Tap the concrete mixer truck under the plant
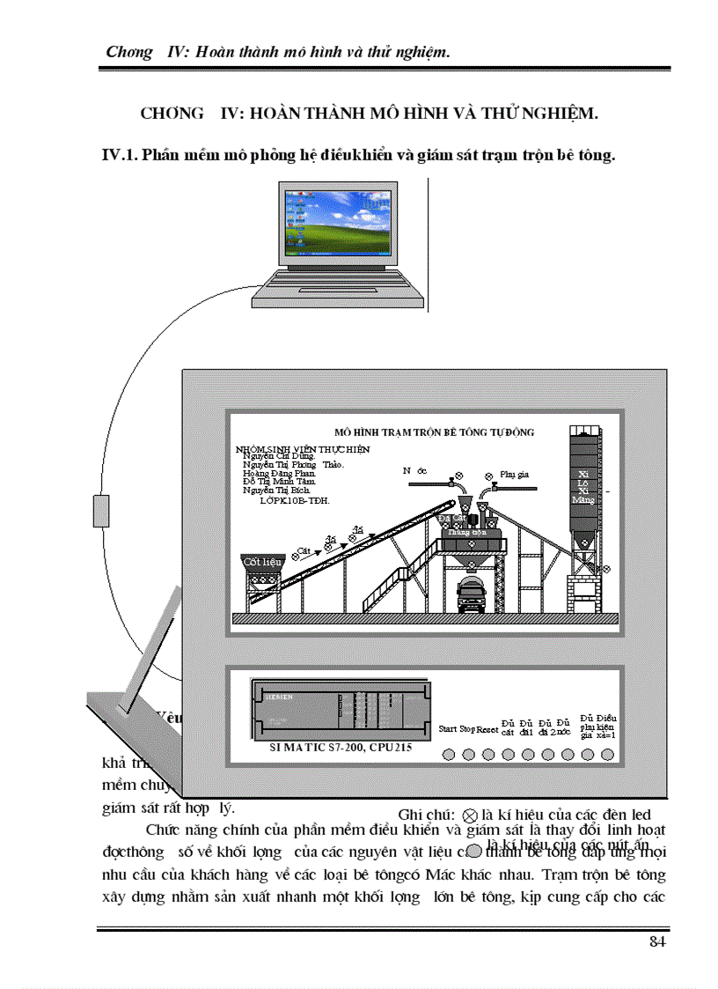pyautogui.click(x=473, y=594)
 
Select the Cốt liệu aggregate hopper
pyautogui.click(x=261, y=561)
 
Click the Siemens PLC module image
pyautogui.click(x=339, y=711)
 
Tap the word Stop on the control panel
pyautogui.click(x=467, y=729)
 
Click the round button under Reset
pyautogui.click(x=487, y=755)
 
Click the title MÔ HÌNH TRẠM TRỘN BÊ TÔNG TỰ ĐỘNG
pyautogui.click(x=435, y=432)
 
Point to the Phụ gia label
pyautogui.click(x=513, y=474)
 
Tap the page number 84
pyautogui.click(x=657, y=941)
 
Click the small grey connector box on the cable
pyautogui.click(x=101, y=511)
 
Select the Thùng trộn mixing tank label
pyautogui.click(x=466, y=532)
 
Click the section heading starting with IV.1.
pyautogui.click(x=359, y=156)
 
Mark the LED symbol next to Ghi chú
pyautogui.click(x=470, y=816)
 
